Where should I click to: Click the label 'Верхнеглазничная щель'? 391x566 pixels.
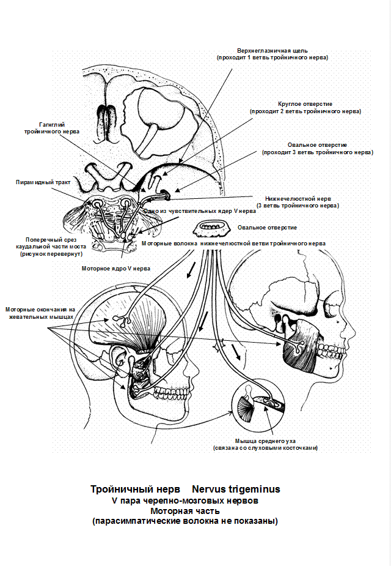click(272, 51)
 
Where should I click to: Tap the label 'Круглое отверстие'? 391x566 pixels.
click(305, 104)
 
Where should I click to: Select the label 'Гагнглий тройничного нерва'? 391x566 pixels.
click(52, 128)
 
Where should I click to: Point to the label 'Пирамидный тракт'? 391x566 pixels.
click(43, 182)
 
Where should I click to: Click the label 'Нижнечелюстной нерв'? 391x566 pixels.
click(298, 198)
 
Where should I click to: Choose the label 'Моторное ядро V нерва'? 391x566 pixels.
click(116, 269)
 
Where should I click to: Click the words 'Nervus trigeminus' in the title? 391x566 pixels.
click(236, 489)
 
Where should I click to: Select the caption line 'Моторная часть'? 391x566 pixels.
click(185, 511)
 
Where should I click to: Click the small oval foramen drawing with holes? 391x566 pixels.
click(211, 228)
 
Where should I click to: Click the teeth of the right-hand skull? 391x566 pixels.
click(329, 351)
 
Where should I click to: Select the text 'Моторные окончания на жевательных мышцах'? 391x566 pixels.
click(40, 313)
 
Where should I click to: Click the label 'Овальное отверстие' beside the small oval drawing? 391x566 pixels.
click(267, 228)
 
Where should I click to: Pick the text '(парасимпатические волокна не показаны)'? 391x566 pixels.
click(185, 521)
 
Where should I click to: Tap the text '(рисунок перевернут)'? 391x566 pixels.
click(51, 254)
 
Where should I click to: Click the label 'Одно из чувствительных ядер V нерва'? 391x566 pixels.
click(200, 211)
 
